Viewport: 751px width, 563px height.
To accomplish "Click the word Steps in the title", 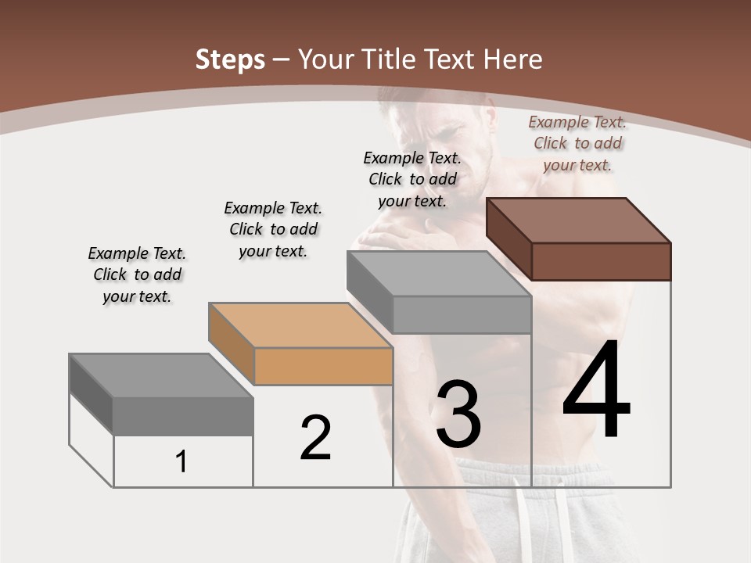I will coord(230,59).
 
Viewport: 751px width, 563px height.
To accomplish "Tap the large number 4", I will coord(596,391).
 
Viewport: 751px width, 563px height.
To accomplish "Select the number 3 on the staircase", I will coord(458,414).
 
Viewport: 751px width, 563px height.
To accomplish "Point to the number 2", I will coord(316,438).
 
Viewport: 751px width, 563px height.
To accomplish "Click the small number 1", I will coord(181,461).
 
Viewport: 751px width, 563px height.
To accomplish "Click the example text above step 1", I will coord(137,274).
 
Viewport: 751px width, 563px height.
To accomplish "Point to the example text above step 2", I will coord(273,229).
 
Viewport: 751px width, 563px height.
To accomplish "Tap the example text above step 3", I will coord(412,179).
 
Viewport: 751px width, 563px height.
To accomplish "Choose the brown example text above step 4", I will coord(577,143).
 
